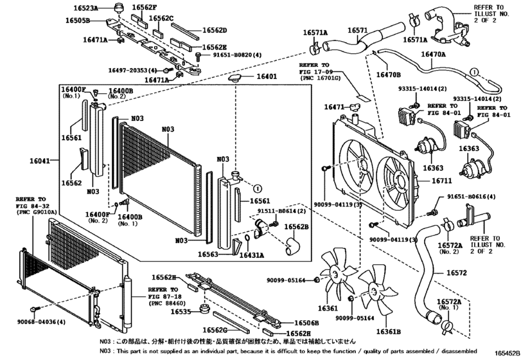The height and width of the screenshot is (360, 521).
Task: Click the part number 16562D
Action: (215, 30)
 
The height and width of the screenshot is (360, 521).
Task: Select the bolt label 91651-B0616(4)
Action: (472, 197)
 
